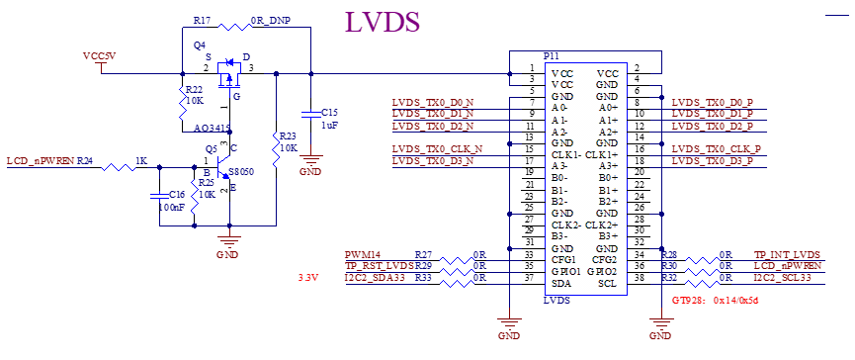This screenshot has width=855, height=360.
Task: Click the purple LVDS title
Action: [x=383, y=22]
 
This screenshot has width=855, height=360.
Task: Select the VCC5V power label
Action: [x=100, y=56]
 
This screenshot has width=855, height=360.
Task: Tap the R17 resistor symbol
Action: [x=233, y=26]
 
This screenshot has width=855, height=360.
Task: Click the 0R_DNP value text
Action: [x=271, y=20]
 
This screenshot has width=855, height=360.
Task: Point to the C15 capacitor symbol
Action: [x=310, y=114]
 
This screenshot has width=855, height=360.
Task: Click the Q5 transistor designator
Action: [x=211, y=149]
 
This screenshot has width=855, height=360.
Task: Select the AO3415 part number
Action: [x=214, y=129]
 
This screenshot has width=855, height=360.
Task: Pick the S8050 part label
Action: [x=241, y=172]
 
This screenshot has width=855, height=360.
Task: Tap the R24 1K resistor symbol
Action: [x=119, y=167]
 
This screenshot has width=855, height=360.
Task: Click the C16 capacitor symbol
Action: [x=159, y=194]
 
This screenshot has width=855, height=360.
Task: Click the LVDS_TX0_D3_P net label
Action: [x=712, y=161]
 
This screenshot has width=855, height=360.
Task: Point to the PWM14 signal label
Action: [x=363, y=255]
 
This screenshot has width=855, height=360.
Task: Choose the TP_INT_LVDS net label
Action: [x=787, y=255]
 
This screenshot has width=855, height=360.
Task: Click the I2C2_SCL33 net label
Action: [x=783, y=278]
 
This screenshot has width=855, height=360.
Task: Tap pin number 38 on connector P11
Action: [x=641, y=278]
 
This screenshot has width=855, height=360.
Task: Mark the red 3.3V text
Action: [x=307, y=278]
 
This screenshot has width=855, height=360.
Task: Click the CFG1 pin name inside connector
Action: [x=563, y=259]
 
